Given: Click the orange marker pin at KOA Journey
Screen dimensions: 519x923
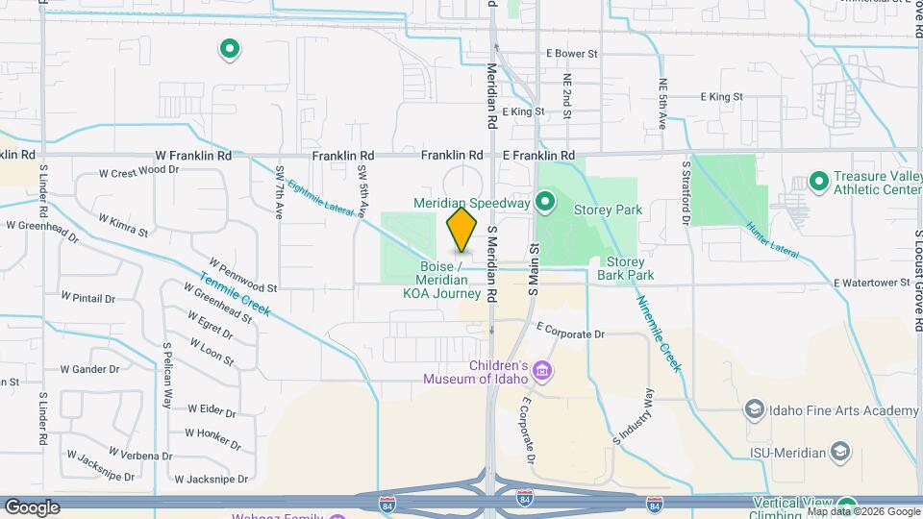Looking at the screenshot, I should click(x=462, y=230).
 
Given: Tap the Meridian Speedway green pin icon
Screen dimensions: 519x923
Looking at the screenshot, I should click(x=545, y=202).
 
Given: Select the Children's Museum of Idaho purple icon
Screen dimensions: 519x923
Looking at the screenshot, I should click(x=542, y=371).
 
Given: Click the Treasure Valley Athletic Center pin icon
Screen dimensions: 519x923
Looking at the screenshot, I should click(x=818, y=181).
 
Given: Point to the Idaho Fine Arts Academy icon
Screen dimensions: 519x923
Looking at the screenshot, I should click(x=754, y=410).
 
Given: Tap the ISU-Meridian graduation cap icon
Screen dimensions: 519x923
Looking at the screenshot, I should click(x=840, y=452).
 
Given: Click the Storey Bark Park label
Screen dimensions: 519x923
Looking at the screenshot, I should click(x=625, y=268).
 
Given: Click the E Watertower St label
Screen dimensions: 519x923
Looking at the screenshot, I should click(x=872, y=283).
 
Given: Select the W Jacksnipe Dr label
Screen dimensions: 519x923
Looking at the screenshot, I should click(x=217, y=479).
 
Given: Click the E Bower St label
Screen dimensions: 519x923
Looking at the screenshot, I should click(x=571, y=54).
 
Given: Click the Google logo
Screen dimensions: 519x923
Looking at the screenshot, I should click(x=32, y=507).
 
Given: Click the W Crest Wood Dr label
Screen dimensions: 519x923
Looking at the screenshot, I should click(x=139, y=172).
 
